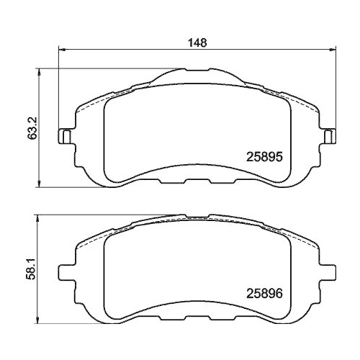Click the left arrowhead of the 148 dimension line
tap(60, 49)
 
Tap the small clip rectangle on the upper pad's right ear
tap(329, 135)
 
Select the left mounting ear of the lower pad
tap(65, 273)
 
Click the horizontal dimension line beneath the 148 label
tap(144, 49)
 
